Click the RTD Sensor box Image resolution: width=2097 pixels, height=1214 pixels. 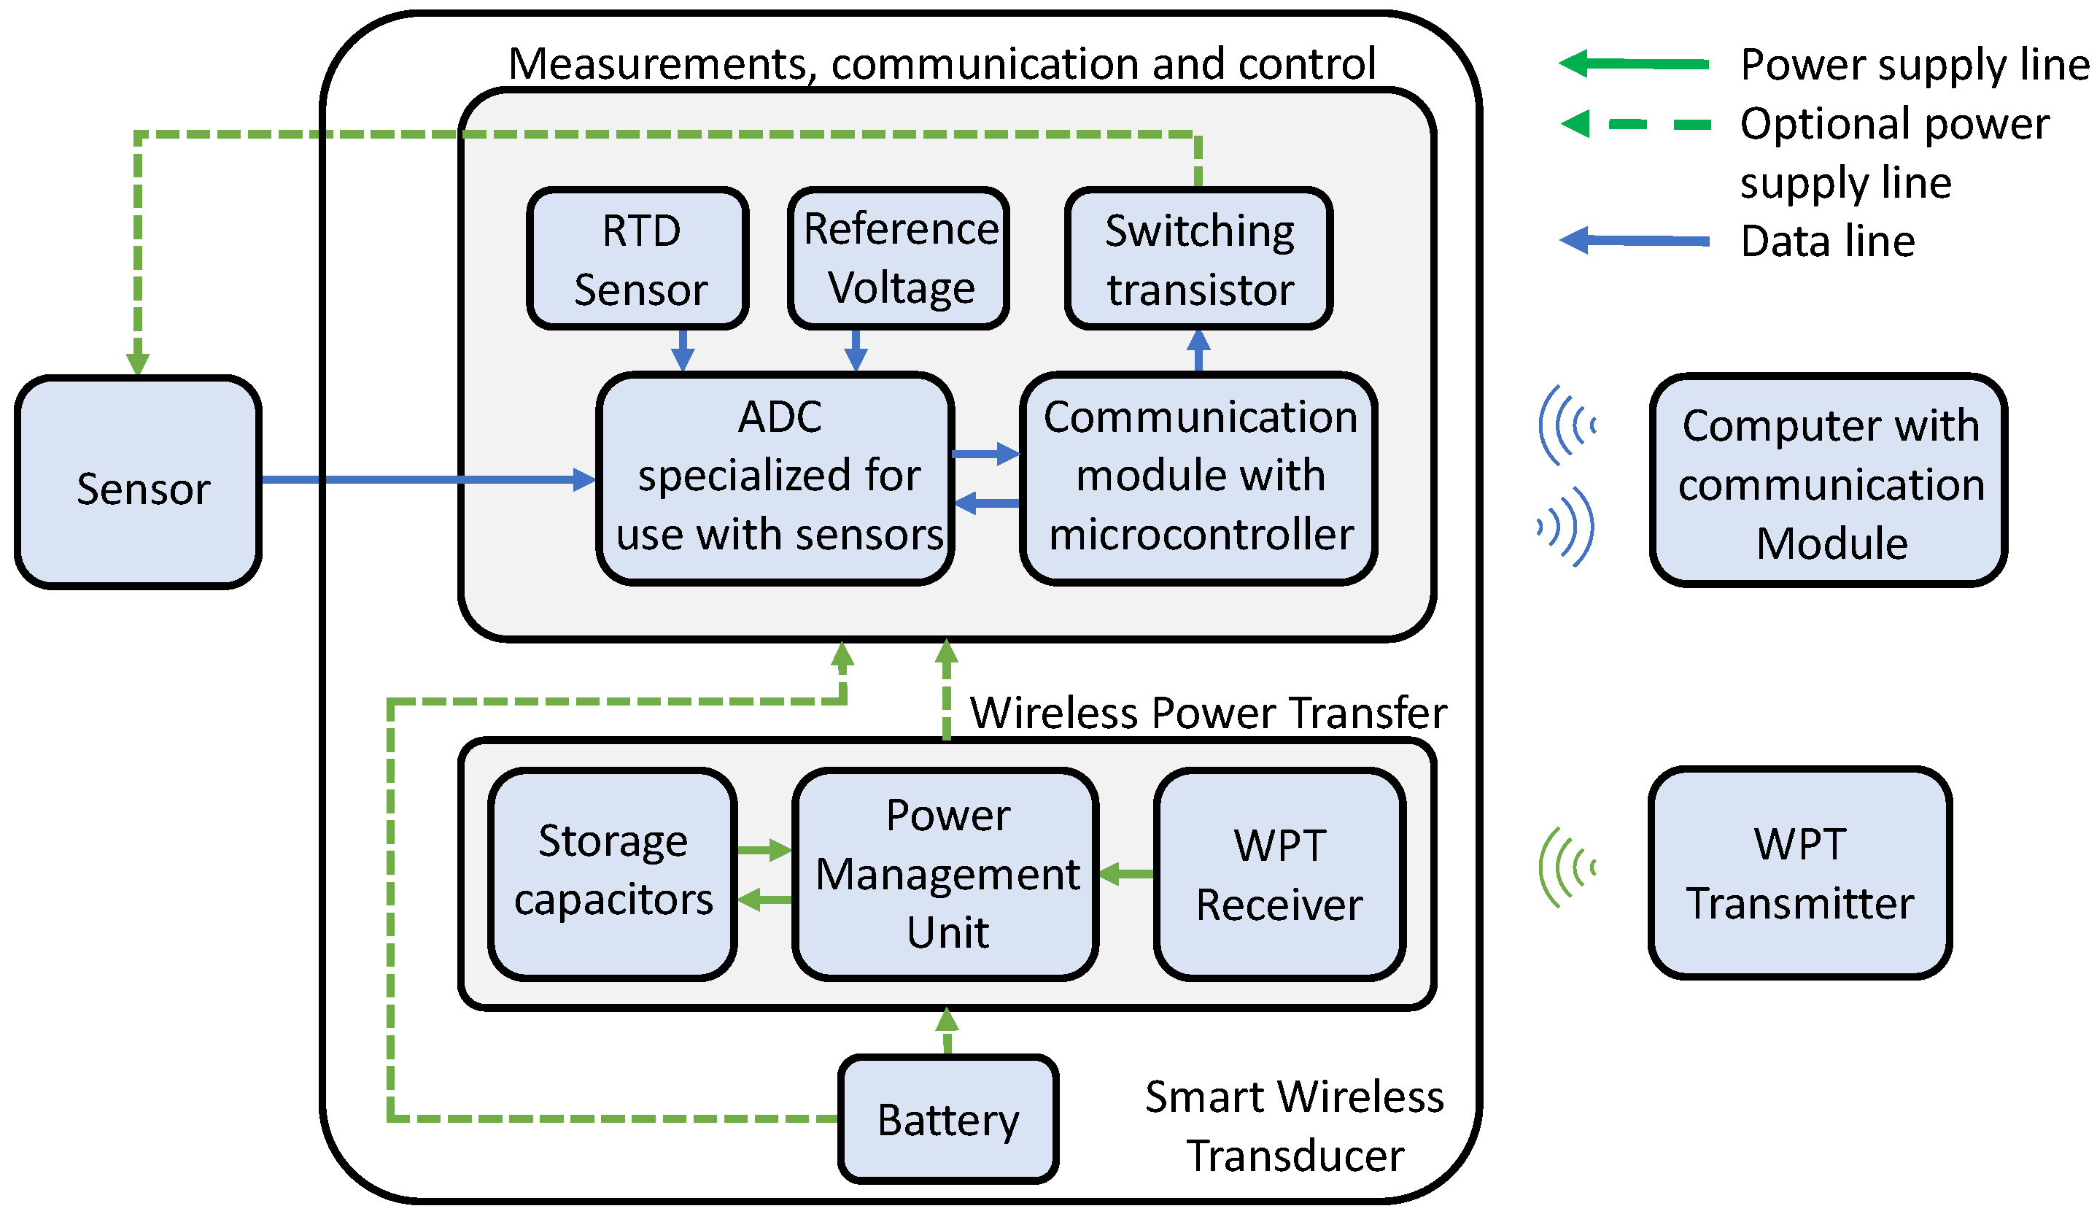(x=637, y=258)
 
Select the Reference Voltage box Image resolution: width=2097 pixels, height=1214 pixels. (x=899, y=258)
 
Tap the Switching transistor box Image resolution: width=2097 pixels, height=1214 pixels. (x=1198, y=258)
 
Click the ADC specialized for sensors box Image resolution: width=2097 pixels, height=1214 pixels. (x=775, y=478)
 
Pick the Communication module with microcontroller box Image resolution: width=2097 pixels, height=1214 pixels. (x=1198, y=478)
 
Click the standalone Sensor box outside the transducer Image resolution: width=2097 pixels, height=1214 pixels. (x=138, y=482)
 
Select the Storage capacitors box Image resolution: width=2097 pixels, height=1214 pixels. (x=613, y=872)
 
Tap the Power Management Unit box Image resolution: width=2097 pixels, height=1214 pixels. (x=946, y=872)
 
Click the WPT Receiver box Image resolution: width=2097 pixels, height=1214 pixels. (x=1280, y=872)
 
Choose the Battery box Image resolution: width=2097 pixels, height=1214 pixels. (x=947, y=1119)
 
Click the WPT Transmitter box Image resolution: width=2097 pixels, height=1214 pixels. (x=1800, y=872)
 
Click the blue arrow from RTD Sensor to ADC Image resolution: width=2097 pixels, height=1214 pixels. (x=683, y=350)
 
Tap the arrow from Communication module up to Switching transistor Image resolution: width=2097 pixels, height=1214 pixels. (x=1198, y=350)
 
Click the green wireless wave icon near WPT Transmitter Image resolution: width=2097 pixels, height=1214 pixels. (x=1567, y=868)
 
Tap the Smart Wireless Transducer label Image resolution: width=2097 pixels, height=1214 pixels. (x=1294, y=1126)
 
